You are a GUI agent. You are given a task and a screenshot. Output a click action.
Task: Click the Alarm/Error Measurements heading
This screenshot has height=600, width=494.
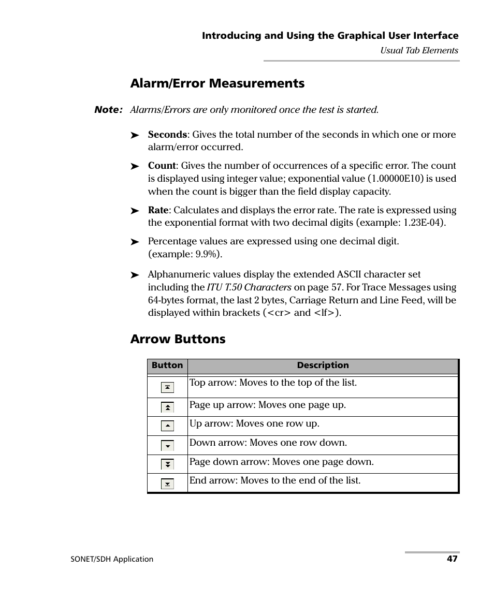[217, 83]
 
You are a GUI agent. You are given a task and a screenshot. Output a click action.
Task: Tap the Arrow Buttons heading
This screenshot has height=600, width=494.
[178, 339]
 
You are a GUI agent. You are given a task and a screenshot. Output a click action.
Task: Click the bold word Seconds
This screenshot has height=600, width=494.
[167, 135]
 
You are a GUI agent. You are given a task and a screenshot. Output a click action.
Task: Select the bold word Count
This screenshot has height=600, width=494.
[162, 166]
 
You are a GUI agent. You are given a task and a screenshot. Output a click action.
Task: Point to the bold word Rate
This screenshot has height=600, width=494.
[158, 210]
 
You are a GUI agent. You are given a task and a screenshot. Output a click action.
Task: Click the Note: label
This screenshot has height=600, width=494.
[108, 110]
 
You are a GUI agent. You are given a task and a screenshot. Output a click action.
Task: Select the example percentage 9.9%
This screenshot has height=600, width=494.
[206, 254]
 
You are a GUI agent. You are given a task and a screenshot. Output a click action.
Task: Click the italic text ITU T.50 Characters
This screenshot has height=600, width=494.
[249, 287]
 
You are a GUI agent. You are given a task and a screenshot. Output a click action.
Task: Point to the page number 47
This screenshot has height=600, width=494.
[453, 559]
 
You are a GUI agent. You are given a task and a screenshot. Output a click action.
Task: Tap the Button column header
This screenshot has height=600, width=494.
[167, 365]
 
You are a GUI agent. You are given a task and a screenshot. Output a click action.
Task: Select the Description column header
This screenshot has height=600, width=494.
[323, 365]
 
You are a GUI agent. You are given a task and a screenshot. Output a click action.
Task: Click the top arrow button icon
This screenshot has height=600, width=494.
[167, 387]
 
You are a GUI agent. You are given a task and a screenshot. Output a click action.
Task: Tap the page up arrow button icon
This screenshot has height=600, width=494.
[167, 407]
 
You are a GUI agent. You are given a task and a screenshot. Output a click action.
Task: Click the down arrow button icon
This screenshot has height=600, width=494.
[167, 446]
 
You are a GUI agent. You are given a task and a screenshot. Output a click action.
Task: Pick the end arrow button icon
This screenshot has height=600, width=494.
[167, 484]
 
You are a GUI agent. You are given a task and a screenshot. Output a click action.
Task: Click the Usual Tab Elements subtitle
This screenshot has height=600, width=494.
[419, 51]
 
